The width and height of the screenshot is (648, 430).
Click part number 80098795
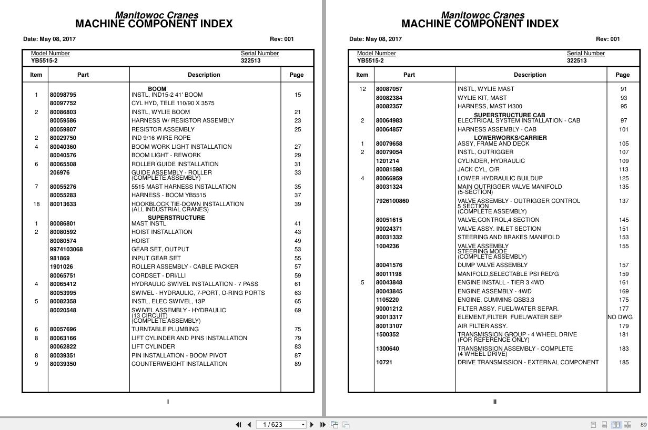63,95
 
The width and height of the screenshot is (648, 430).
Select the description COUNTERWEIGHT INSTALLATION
179,364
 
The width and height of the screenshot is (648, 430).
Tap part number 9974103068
66,249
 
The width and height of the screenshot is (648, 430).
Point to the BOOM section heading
157,89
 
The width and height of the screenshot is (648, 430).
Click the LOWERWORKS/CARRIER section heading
510,138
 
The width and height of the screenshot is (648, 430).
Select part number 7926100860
392,201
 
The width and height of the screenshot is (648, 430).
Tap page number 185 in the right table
624,362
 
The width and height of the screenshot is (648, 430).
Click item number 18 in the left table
36,204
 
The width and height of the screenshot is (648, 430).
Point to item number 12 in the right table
362,89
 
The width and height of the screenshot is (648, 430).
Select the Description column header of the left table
204,75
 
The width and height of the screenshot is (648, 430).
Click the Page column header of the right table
623,75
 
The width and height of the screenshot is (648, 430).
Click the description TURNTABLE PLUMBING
165,329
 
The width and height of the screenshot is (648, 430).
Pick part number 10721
384,362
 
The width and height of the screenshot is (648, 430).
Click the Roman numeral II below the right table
494,402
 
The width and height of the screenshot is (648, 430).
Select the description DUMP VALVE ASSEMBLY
492,265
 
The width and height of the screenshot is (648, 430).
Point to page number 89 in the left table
298,364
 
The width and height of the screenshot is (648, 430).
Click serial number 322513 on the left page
250,60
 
